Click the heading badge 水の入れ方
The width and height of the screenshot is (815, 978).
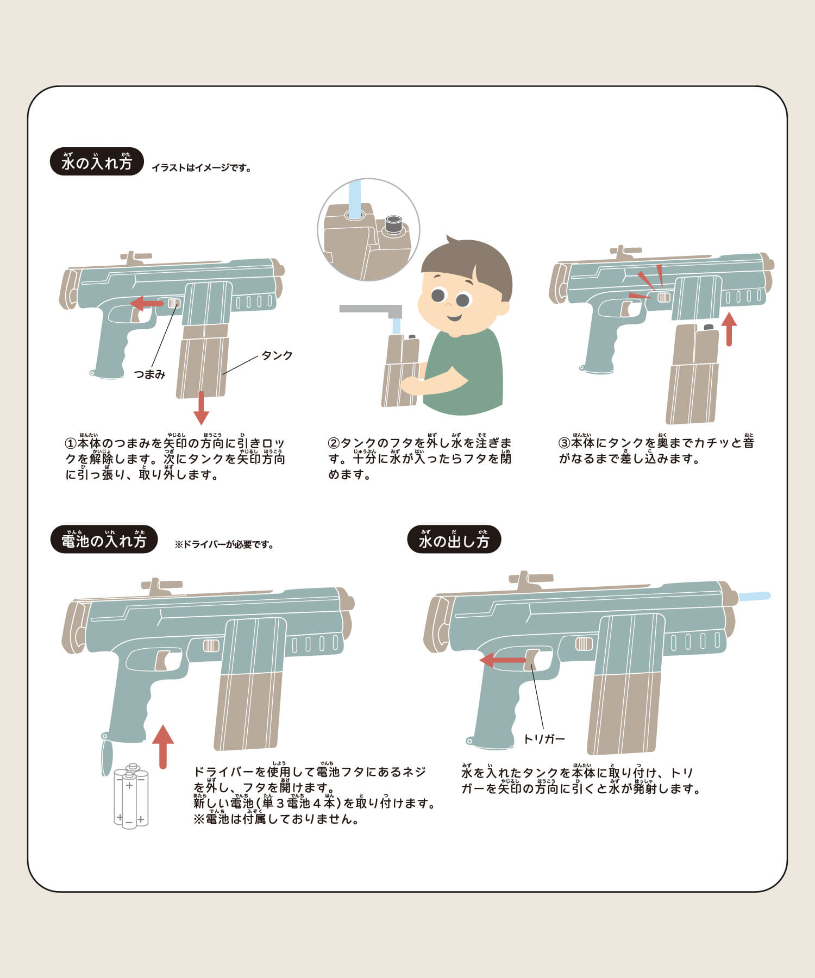pyautogui.click(x=97, y=161)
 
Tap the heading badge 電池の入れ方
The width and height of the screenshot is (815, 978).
pyautogui.click(x=103, y=539)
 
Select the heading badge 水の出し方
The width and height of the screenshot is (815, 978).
pyautogui.click(x=454, y=539)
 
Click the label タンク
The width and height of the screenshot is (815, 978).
pyautogui.click(x=277, y=355)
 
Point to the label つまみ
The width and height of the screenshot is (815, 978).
pyautogui.click(x=149, y=374)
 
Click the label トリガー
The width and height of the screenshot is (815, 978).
pyautogui.click(x=544, y=739)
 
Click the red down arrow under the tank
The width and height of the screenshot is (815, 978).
pyautogui.click(x=202, y=408)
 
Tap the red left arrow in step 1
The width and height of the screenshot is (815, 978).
pyautogui.click(x=146, y=303)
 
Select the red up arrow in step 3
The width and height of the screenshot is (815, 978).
pyautogui.click(x=729, y=329)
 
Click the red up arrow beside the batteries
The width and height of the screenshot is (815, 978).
pyautogui.click(x=163, y=747)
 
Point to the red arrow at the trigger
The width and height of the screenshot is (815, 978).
pyautogui.click(x=503, y=660)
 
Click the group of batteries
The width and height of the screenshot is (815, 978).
pyautogui.click(x=131, y=795)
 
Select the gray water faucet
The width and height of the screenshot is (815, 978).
pyautogui.click(x=372, y=311)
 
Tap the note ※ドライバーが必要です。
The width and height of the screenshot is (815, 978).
pyautogui.click(x=224, y=544)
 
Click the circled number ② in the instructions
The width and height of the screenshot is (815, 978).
pyautogui.click(x=334, y=443)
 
